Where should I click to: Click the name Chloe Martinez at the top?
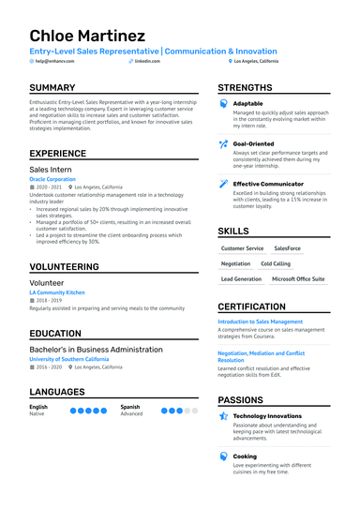tap(87, 36)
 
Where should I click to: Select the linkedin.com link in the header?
tap(145, 60)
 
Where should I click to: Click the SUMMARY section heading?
tap(53, 88)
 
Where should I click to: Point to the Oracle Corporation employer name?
tap(52, 179)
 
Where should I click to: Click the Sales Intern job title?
tap(52, 170)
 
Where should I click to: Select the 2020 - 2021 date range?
tap(49, 187)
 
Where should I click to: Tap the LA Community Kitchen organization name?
tap(56, 292)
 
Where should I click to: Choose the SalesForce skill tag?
tap(287, 248)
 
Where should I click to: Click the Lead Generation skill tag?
tap(241, 279)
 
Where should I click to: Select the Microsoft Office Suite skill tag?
tap(298, 279)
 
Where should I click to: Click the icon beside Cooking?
tap(223, 457)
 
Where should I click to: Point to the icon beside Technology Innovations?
tap(223, 415)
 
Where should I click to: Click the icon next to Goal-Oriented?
tap(223, 143)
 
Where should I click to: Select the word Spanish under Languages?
tap(130, 407)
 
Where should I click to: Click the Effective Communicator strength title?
tap(268, 184)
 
